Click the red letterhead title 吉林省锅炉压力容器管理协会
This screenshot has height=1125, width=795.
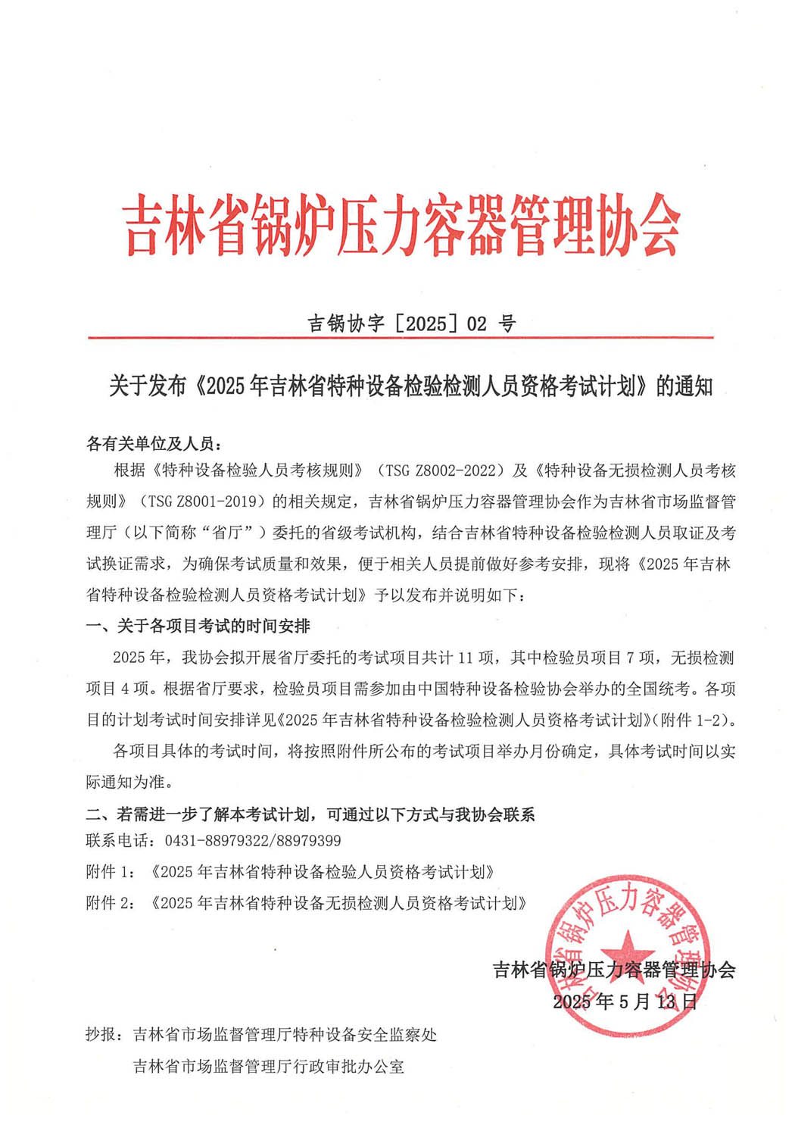click(401, 225)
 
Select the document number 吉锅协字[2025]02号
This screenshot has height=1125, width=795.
click(412, 323)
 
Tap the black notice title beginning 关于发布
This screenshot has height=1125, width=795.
click(410, 386)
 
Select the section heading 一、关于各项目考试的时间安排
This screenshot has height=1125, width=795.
click(198, 626)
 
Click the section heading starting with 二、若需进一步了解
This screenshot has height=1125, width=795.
click(310, 814)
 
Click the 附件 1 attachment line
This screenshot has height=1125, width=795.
click(291, 872)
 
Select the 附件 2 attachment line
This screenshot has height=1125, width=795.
click(306, 903)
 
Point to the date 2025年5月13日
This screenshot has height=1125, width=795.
click(625, 1002)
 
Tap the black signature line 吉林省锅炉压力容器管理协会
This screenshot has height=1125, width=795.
click(614, 970)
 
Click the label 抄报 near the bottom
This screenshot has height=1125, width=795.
click(103, 1035)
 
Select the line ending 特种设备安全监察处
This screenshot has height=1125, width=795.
click(285, 1035)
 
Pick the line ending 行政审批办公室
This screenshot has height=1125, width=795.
click(269, 1067)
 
